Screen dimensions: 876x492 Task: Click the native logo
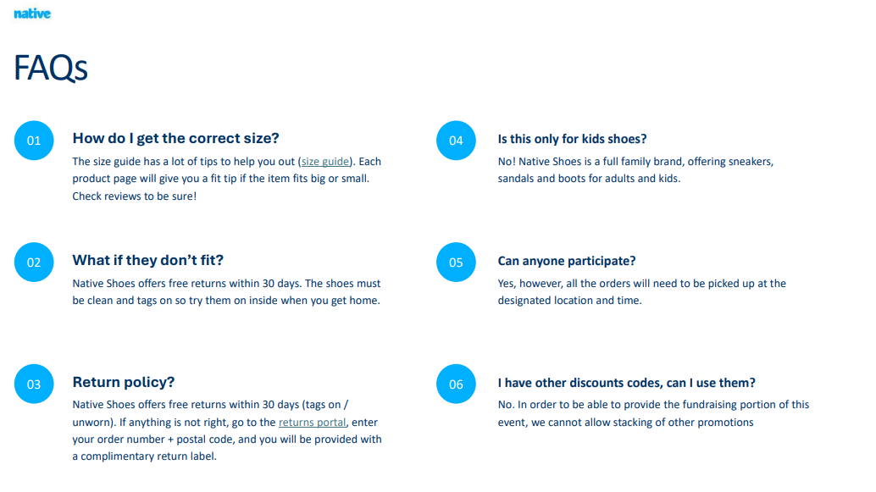point(32,14)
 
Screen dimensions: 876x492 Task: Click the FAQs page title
point(50,68)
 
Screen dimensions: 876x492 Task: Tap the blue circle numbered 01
point(34,141)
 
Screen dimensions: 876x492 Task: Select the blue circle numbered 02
point(34,263)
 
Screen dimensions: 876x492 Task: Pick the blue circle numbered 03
point(34,384)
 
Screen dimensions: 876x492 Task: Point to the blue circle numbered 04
point(456,141)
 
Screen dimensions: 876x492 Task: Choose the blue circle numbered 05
point(456,263)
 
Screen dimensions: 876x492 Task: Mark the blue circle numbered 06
point(456,384)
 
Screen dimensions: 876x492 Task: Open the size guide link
point(325,162)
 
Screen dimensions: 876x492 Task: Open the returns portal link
point(313,423)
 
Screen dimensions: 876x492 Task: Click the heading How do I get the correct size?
point(175,139)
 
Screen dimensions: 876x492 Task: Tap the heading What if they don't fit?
point(148,260)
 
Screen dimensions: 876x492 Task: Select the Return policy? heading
point(124,382)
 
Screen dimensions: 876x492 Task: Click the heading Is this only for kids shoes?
point(572,139)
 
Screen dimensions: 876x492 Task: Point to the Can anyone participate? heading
point(567,261)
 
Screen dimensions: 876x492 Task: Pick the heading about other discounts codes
point(626,383)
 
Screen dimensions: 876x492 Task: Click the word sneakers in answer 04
point(750,162)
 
